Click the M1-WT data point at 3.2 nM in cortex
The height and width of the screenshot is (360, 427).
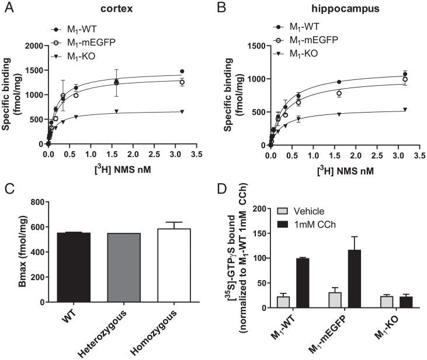click(x=182, y=72)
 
